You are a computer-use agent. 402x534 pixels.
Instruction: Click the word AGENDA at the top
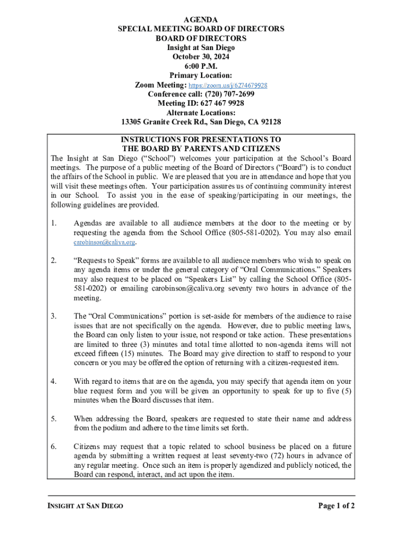[201, 19]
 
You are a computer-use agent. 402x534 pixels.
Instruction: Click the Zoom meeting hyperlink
[228, 85]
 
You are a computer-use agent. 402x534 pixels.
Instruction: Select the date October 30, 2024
[201, 57]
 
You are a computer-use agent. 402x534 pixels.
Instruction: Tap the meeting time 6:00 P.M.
[201, 66]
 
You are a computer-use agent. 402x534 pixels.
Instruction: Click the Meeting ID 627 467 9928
[201, 104]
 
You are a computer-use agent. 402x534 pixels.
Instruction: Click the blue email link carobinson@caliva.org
[104, 242]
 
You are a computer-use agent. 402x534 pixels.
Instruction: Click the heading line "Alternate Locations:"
[201, 113]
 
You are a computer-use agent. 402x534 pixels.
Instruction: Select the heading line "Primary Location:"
[201, 76]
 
